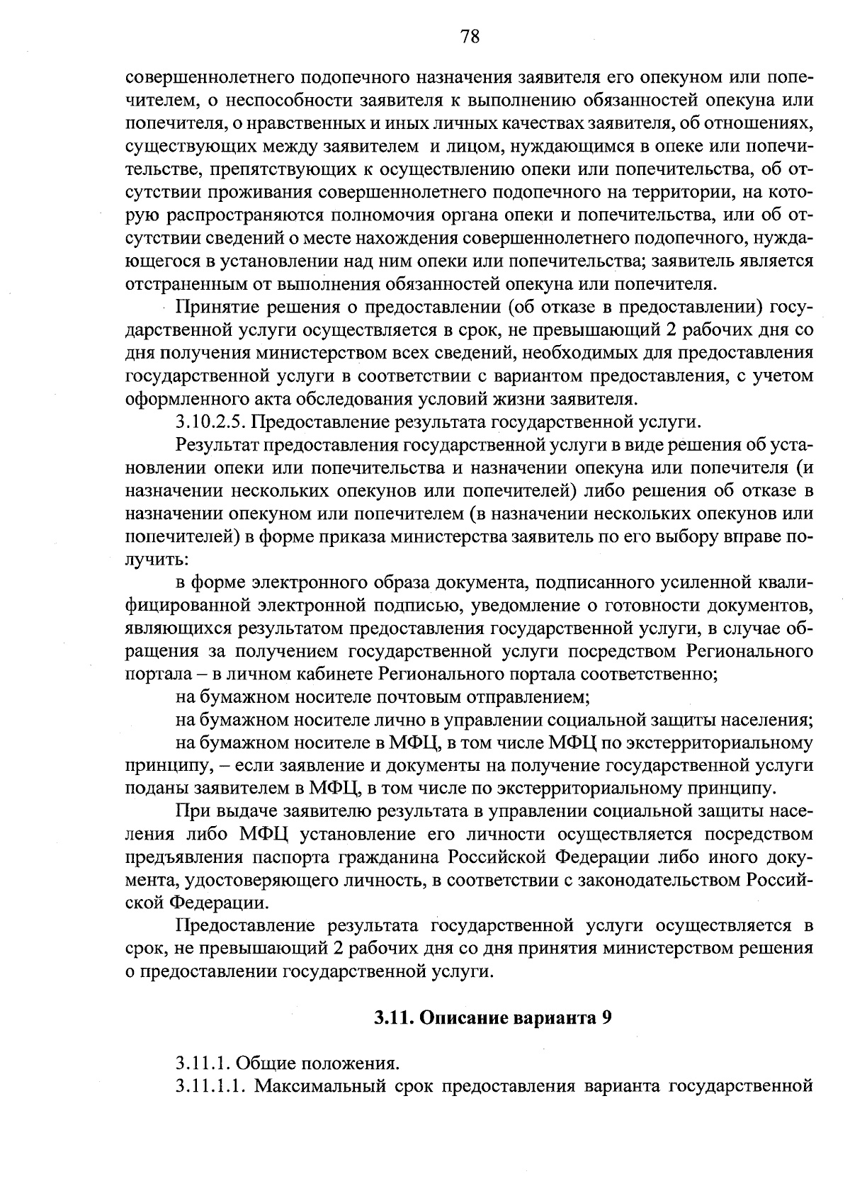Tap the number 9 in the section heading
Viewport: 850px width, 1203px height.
point(606,1019)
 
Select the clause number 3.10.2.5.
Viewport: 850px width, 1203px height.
point(210,422)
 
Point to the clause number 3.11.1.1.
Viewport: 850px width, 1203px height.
point(211,1085)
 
